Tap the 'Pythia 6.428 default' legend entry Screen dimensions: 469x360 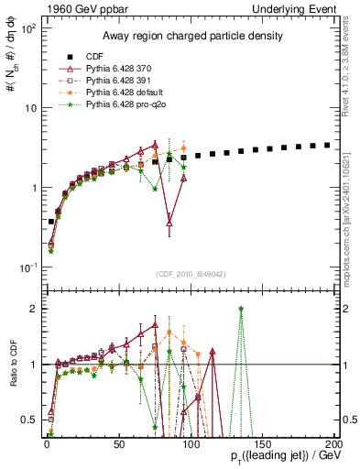pyautogui.click(x=129, y=93)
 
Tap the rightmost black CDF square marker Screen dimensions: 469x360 pyautogui.click(x=327, y=145)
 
